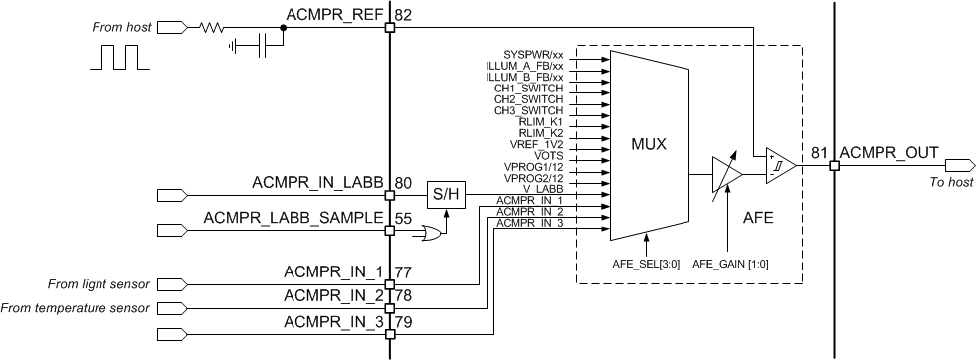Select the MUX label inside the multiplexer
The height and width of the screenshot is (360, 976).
click(648, 143)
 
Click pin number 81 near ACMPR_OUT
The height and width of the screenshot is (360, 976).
click(819, 152)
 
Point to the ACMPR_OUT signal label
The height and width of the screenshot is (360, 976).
click(888, 152)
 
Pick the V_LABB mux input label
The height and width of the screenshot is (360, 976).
click(544, 189)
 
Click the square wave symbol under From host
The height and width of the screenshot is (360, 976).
click(119, 56)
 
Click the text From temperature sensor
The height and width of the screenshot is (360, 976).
click(74, 307)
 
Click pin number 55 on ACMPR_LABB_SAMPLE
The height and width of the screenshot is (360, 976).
click(403, 216)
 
